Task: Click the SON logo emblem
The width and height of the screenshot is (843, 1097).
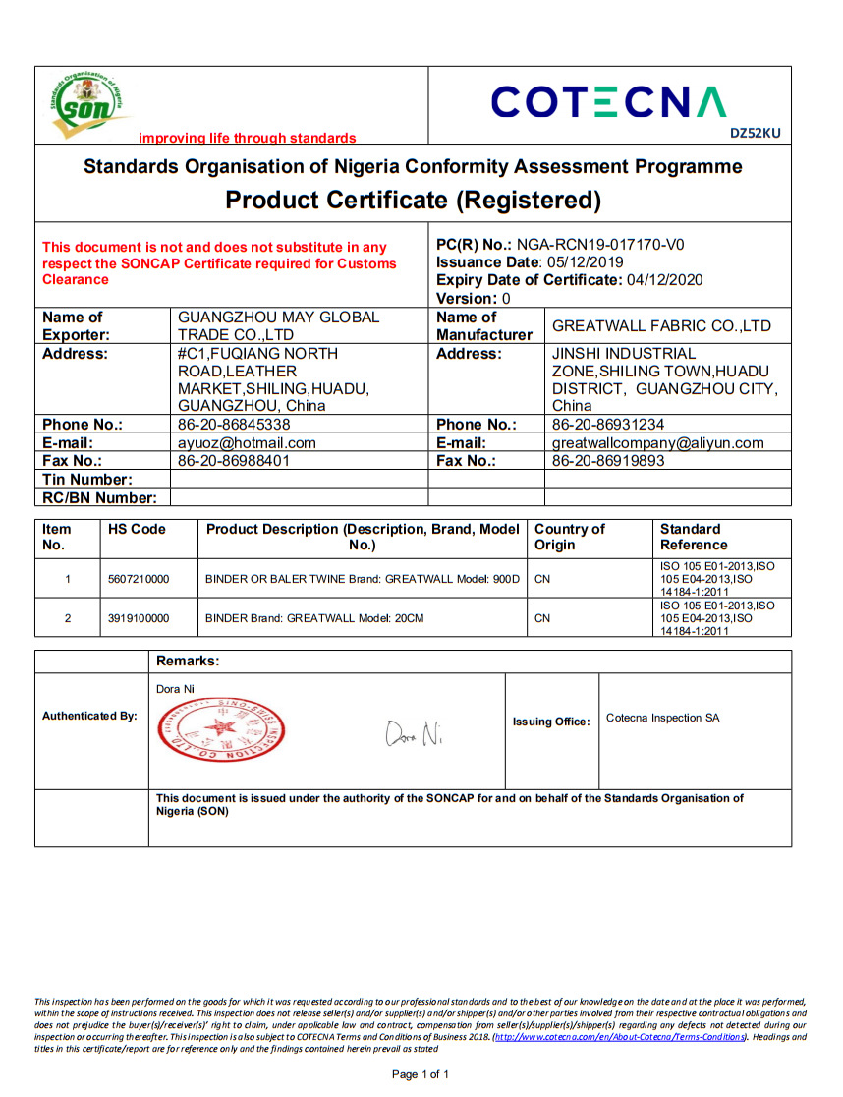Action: pos(89,104)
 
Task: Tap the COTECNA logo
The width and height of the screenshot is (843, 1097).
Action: pos(608,102)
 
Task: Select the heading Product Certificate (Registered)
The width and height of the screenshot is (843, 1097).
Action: pos(413,201)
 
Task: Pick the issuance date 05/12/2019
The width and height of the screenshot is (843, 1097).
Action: pos(586,261)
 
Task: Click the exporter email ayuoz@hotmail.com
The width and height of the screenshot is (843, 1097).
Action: pos(247,443)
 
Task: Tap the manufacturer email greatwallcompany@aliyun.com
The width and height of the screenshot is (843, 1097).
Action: pos(657,443)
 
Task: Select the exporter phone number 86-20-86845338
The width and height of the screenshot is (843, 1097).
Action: pos(234,425)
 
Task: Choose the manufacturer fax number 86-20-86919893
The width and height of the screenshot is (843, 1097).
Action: pos(608,461)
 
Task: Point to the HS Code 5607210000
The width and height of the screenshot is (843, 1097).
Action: pos(139,579)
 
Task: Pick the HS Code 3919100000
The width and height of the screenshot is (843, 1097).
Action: pos(139,619)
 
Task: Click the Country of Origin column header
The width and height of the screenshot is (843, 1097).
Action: pos(569,537)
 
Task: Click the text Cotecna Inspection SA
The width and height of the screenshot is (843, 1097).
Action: pos(662,718)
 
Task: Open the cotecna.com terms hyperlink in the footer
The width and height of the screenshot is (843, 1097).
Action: pos(620,1037)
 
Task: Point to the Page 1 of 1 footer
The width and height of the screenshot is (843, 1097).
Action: pos(421,1075)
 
